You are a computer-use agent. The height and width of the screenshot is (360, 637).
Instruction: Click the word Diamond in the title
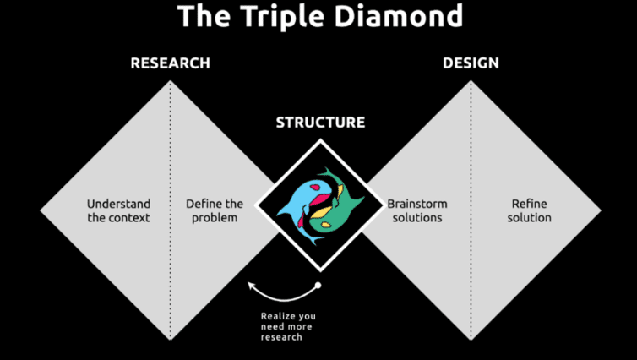398,15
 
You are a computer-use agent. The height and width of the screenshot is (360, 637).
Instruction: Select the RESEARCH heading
170,63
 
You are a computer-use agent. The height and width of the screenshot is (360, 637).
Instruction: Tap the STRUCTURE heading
320,123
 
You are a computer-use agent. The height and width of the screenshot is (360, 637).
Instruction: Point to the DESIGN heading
471,63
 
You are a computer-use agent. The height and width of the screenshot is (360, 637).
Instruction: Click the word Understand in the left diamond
118,204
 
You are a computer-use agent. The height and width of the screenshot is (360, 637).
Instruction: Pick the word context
128,218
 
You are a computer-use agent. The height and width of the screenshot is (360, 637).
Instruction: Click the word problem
215,218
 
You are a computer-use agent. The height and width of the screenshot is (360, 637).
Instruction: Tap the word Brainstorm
417,204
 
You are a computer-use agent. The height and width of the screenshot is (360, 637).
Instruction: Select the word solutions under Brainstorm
417,218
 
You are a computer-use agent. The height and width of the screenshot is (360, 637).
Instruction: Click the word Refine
530,204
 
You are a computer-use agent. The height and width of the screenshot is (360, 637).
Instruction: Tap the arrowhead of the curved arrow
252,286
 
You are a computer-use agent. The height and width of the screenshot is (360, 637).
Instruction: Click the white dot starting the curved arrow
318,286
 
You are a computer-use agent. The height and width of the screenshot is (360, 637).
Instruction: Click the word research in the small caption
281,337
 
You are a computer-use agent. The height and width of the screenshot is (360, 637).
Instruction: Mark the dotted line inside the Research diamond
170,210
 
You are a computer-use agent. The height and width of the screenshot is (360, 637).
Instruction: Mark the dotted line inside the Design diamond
471,210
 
